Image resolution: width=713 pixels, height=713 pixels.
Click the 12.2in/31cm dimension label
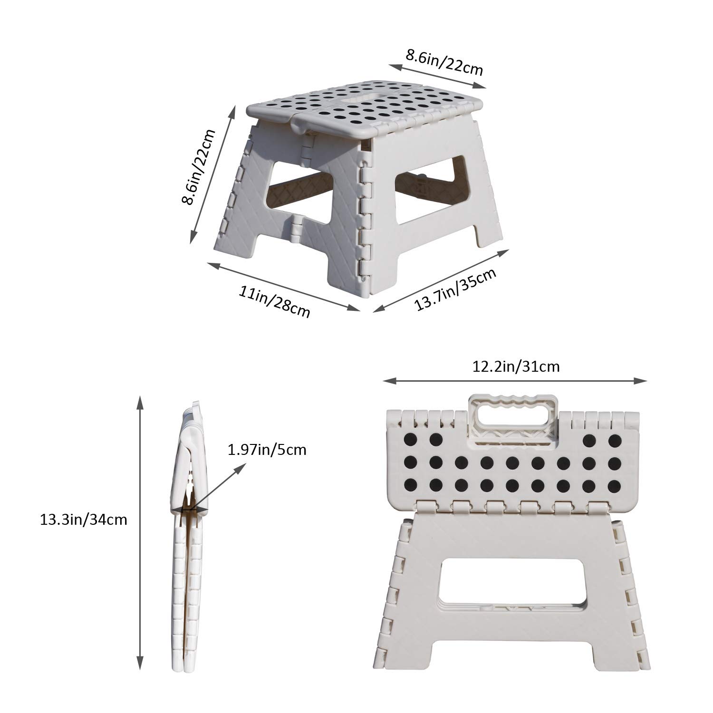tap(516, 366)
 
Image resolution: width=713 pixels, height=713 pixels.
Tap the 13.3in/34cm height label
tap(84, 520)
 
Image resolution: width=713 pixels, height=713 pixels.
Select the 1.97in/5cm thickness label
tap(267, 449)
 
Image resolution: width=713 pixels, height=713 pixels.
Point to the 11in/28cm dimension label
tap(274, 301)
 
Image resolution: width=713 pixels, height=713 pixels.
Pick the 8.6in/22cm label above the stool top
tap(444, 62)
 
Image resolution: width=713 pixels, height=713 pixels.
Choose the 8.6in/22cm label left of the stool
tap(198, 167)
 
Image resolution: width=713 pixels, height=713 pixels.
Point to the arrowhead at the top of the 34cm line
tap(140, 402)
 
